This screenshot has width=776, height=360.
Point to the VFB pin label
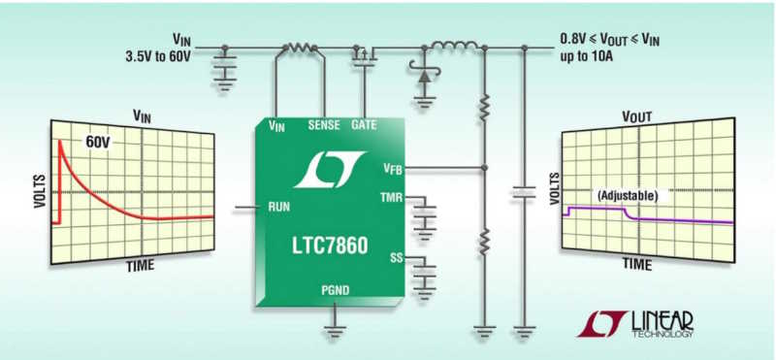tap(392, 169)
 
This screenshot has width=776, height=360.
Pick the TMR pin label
tap(390, 199)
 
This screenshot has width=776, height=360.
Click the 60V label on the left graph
tap(98, 142)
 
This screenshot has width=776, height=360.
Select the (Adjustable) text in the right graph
tap(628, 195)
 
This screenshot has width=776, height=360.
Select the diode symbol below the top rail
tap(423, 74)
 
